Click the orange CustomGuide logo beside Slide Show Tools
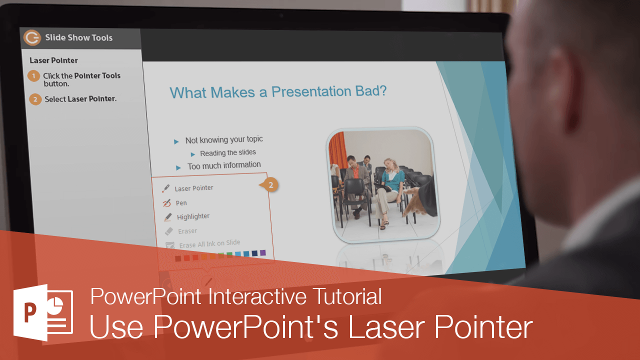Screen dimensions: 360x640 (x=32, y=38)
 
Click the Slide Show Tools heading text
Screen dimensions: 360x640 (x=78, y=37)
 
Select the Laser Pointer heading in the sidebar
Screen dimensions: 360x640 (x=53, y=60)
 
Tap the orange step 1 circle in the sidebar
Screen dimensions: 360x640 (x=33, y=76)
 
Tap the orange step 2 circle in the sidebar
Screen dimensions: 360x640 (x=35, y=99)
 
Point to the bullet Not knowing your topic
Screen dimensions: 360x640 (x=224, y=140)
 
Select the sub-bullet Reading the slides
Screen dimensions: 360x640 (x=227, y=153)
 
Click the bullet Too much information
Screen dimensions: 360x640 (x=224, y=165)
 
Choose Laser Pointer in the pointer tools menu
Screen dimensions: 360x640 (x=193, y=188)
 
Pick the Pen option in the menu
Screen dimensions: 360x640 (x=181, y=203)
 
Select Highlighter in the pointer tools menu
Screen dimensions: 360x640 (x=193, y=216)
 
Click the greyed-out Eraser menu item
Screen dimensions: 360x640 (x=187, y=231)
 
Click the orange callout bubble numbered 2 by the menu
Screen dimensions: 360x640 (x=270, y=185)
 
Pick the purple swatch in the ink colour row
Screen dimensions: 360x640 (x=263, y=253)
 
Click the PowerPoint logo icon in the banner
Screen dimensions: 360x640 (x=43, y=312)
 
